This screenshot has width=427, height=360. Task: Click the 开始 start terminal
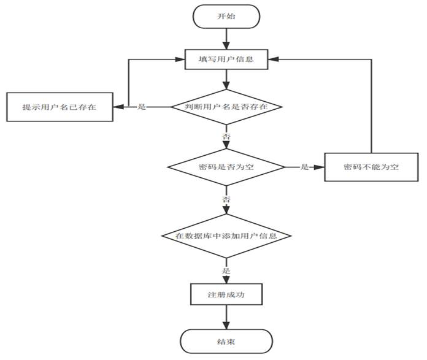(x=226, y=17)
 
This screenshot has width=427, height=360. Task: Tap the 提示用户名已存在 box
(x=59, y=107)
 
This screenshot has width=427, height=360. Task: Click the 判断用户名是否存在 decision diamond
(x=226, y=107)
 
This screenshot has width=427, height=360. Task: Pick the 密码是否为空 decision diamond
(x=226, y=167)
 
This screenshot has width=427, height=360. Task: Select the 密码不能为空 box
(x=371, y=167)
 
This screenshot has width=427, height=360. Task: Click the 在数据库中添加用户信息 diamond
(x=226, y=236)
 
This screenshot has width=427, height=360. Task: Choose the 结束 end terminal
(x=226, y=341)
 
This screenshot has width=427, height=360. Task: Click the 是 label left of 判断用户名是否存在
(x=142, y=107)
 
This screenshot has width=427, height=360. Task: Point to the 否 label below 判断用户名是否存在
(x=226, y=136)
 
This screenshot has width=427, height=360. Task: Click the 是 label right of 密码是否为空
(x=304, y=167)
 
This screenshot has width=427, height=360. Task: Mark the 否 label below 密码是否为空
(x=226, y=200)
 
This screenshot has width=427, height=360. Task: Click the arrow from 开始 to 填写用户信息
(x=226, y=39)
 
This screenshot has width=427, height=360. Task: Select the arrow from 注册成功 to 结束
(x=226, y=317)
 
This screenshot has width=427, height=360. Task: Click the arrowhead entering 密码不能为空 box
(x=320, y=167)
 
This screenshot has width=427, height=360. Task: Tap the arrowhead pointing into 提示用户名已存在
(x=117, y=107)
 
